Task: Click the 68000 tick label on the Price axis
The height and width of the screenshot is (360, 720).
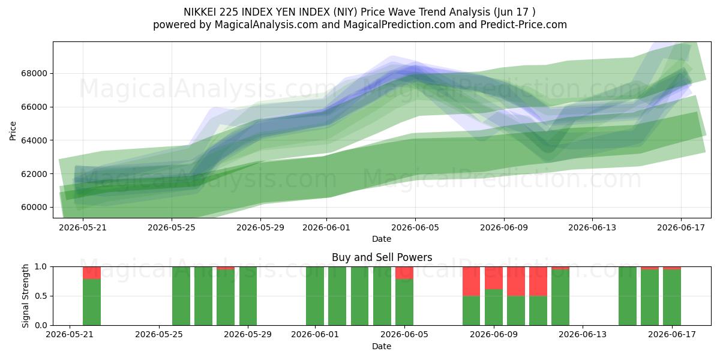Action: tap(34, 74)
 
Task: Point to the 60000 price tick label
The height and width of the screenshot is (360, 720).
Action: tap(34, 208)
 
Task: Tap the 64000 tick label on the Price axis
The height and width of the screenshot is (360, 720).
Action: tap(34, 140)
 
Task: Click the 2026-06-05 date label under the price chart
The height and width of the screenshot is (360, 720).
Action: tap(415, 227)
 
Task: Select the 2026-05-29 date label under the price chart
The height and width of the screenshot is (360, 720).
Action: tap(260, 227)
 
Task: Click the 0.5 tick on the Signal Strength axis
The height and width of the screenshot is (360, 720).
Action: tap(41, 296)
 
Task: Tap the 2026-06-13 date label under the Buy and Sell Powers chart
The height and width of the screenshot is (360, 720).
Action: tap(583, 335)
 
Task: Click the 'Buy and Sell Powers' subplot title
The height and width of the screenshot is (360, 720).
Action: tap(382, 257)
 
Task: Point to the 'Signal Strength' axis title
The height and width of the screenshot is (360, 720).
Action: tap(25, 296)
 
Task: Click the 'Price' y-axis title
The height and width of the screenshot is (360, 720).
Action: tap(13, 131)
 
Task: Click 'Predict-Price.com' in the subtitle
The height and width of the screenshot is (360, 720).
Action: tap(524, 25)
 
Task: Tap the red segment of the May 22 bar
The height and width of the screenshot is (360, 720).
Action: tap(92, 273)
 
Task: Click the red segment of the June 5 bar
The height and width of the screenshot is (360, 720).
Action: tap(404, 273)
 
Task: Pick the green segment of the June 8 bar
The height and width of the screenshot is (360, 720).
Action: tap(471, 311)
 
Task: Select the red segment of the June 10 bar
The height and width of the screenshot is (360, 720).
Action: tap(516, 281)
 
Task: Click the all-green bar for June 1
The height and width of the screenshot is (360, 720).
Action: tap(315, 296)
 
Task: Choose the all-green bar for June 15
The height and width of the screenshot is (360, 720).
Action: tap(628, 296)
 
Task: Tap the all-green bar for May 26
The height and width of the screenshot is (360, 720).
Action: tap(181, 296)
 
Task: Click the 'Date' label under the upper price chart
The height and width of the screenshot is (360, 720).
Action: tap(382, 239)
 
